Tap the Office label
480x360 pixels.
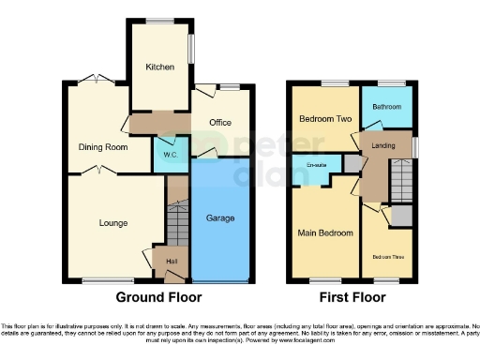coord(220,123)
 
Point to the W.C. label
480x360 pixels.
coord(171,154)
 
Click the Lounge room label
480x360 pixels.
coord(114,222)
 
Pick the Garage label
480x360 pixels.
coord(219,217)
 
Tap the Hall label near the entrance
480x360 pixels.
coord(172,261)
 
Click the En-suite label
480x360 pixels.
coord(316,166)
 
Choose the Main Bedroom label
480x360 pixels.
coord(325,232)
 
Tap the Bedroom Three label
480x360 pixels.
coord(387,256)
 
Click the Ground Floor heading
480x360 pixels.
coord(158,297)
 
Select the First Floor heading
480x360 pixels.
coord(351,297)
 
